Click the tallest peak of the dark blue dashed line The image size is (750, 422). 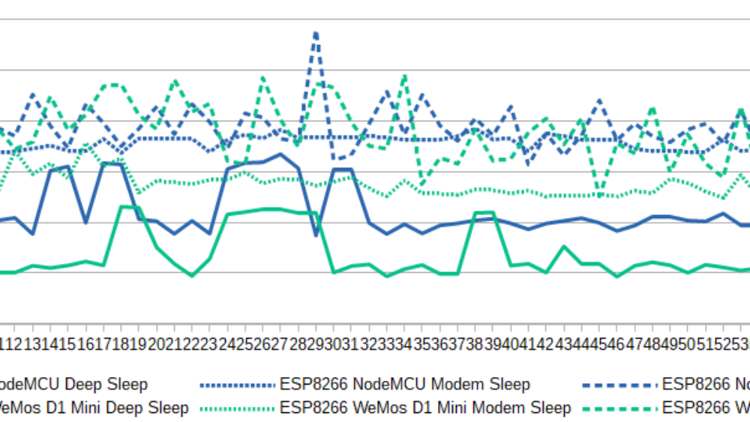coord(316,32)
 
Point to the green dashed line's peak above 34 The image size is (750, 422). coord(405,76)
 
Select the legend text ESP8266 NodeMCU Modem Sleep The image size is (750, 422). coord(405,385)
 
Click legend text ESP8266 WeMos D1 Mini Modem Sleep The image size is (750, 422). coord(425,408)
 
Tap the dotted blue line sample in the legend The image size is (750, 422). coord(238,385)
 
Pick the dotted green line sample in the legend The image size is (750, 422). coord(238,408)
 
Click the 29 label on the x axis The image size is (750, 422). coord(316,342)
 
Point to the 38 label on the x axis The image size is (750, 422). coord(475,342)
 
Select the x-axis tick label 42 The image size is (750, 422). coord(545,342)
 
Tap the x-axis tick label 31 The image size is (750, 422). coord(351,342)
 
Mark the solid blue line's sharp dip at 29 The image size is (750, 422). coord(316,235)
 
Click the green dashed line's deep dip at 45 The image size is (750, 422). coord(598,196)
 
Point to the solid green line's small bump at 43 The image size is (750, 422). coord(563,246)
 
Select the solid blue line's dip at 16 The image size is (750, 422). coord(86,223)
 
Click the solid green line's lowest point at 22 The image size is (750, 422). coord(192,276)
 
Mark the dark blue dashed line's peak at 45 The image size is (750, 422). coord(598,100)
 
